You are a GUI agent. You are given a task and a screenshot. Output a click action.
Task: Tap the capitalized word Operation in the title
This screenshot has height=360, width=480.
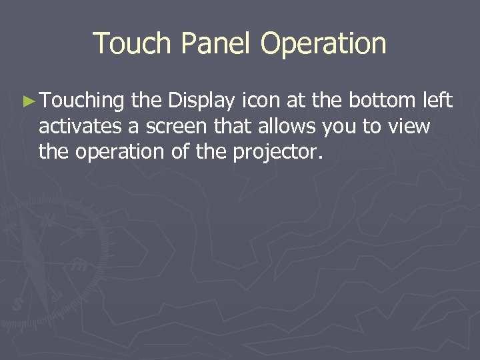tap(323, 44)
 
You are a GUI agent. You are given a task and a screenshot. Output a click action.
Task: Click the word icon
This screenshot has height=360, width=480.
tap(259, 101)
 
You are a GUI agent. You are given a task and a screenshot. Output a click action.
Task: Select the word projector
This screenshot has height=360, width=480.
tap(278, 153)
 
